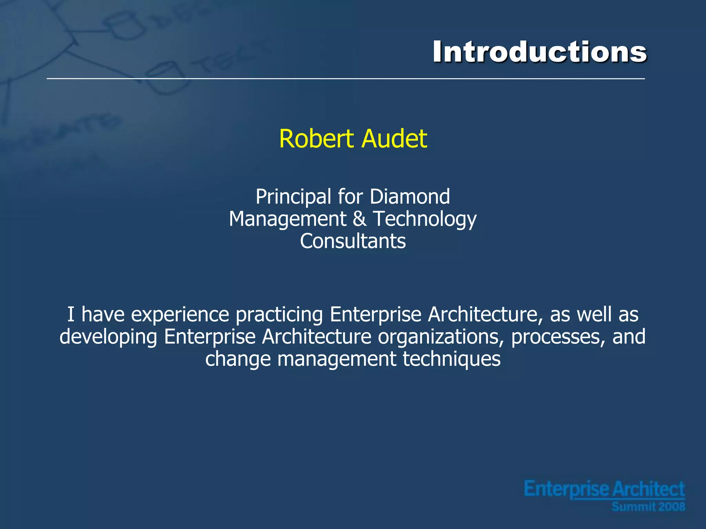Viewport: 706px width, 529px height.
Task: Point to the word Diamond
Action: (x=410, y=197)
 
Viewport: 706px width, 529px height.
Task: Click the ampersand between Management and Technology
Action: (x=360, y=219)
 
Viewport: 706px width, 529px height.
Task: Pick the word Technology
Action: (x=425, y=219)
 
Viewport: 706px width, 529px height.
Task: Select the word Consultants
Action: (x=353, y=241)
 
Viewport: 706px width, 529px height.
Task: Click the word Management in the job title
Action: (x=288, y=219)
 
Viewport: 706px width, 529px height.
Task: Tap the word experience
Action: (x=180, y=315)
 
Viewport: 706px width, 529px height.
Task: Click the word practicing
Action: (x=279, y=315)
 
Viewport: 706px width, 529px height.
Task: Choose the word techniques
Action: (x=452, y=359)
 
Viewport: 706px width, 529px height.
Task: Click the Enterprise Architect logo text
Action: (x=604, y=489)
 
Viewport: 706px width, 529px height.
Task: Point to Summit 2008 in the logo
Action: (x=648, y=507)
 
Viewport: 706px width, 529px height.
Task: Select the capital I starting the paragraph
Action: (x=71, y=314)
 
